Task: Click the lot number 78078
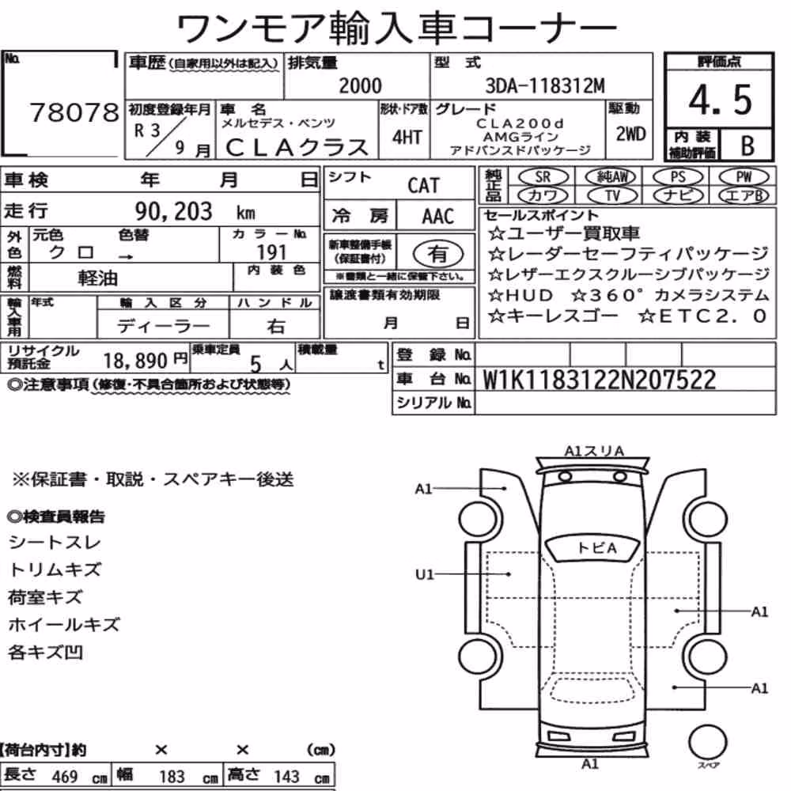pos(74,112)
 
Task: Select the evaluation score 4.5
pos(720,100)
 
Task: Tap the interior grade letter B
pos(747,146)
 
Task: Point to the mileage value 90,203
pos(173,211)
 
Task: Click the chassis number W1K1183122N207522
pos(600,380)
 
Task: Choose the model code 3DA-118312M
pos(545,86)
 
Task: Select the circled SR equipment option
pos(543,177)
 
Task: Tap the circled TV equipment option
pos(612,195)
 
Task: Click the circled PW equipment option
pos(744,177)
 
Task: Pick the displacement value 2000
pos(360,85)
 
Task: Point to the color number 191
pos(271,252)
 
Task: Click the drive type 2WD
pos(630,134)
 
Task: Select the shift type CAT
pos(423,186)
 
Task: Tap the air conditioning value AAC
pos(437,217)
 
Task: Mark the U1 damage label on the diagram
pos(424,574)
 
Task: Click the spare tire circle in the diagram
pos(708,743)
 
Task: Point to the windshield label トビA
pos(596,548)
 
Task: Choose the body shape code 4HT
pos(407,137)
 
